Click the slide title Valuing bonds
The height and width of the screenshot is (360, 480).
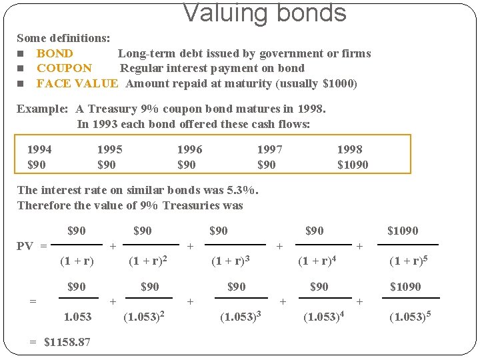click(x=265, y=13)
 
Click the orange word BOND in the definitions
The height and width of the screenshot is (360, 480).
click(x=55, y=53)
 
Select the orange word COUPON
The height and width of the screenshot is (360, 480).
click(x=64, y=68)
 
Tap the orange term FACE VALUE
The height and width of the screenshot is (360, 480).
click(x=77, y=83)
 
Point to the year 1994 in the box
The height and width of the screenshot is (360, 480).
click(x=39, y=149)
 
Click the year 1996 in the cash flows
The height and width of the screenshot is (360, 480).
click(x=189, y=149)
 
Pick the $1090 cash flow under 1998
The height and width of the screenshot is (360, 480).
click(x=353, y=165)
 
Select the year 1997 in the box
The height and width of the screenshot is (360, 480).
click(x=269, y=149)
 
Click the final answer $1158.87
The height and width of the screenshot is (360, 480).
click(x=67, y=342)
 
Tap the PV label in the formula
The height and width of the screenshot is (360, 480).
click(x=25, y=246)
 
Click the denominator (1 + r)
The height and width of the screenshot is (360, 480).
click(x=77, y=261)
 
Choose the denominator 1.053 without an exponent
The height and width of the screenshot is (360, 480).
click(x=77, y=316)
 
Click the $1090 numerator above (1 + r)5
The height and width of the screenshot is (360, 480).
click(x=403, y=231)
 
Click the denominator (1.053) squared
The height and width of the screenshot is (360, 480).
click(x=145, y=315)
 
